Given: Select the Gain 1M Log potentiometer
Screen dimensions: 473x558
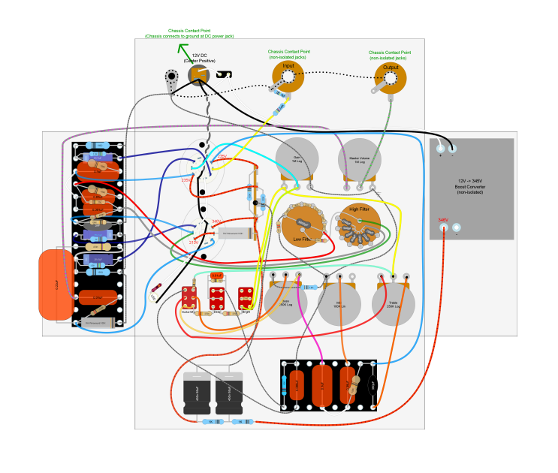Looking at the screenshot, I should click(297, 159).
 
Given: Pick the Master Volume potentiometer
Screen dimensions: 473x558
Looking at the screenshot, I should click(359, 159).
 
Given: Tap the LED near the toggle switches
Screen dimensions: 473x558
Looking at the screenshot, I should click(156, 288).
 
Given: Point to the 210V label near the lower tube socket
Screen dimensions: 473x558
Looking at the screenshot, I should click(193, 243).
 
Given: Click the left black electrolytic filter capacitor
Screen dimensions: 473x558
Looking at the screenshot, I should click(201, 391).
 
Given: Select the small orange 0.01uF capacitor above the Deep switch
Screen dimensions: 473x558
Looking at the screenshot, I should click(217, 276).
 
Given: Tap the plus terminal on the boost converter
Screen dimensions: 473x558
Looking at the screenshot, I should click(441, 149).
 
